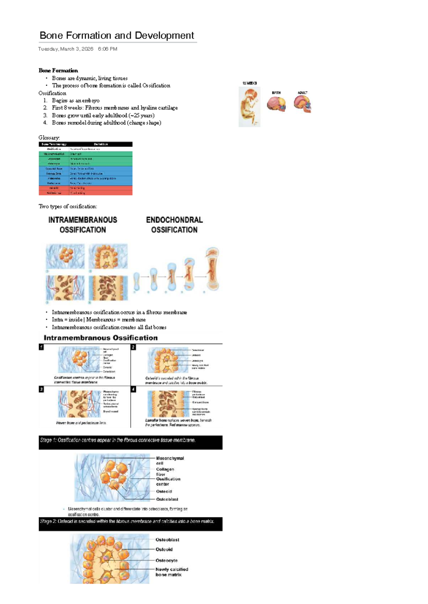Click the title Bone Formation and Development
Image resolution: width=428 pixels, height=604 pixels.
pyautogui.click(x=117, y=35)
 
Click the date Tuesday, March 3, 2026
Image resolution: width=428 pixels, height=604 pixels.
pyautogui.click(x=66, y=49)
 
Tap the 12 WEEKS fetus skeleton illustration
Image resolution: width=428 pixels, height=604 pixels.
pyautogui.click(x=249, y=106)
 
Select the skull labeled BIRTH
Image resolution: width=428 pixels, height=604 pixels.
pyautogui.click(x=276, y=104)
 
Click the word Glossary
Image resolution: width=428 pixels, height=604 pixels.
pyautogui.click(x=49, y=137)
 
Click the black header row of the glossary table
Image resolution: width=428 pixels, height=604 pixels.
pyautogui.click(x=85, y=144)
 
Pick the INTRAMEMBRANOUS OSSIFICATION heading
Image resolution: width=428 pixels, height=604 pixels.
pyautogui.click(x=83, y=225)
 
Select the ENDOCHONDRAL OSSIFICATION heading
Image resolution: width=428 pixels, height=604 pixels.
pyautogui.click(x=174, y=225)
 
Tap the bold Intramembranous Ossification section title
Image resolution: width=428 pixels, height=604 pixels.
pyautogui.click(x=101, y=338)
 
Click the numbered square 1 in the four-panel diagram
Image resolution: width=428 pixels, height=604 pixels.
pyautogui.click(x=41, y=347)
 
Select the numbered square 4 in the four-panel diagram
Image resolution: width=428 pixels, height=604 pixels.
pyautogui.click(x=133, y=389)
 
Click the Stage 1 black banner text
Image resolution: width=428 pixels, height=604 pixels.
pyautogui.click(x=118, y=440)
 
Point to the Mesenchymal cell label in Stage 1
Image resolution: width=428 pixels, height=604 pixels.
pyautogui.click(x=170, y=460)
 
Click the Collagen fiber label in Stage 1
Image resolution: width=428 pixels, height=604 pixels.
pyautogui.click(x=165, y=472)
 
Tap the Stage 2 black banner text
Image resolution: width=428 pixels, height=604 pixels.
pyautogui.click(x=127, y=521)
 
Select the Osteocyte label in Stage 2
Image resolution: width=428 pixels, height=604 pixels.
pyautogui.click(x=166, y=560)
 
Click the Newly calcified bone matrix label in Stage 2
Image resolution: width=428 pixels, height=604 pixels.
pyautogui.click(x=172, y=572)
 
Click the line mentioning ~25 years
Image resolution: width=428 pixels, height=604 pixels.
pyautogui.click(x=103, y=115)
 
